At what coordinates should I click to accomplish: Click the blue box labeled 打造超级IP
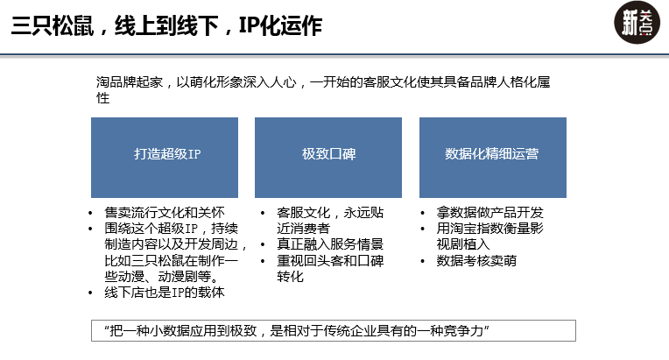pyautogui.click(x=165, y=158)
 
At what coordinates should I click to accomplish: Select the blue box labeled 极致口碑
pyautogui.click(x=328, y=158)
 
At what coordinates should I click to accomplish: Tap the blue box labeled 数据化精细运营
pyautogui.click(x=493, y=158)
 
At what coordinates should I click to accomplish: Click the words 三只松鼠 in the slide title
pyautogui.click(x=52, y=25)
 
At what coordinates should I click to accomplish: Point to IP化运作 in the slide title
pyautogui.click(x=280, y=25)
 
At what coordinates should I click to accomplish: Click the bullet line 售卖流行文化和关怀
pyautogui.click(x=165, y=213)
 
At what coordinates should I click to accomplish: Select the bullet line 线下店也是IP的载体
pyautogui.click(x=165, y=293)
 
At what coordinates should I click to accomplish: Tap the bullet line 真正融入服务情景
pyautogui.click(x=330, y=244)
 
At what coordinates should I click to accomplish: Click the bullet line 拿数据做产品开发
pyautogui.click(x=489, y=213)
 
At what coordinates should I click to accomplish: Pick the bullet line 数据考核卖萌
pyautogui.click(x=476, y=261)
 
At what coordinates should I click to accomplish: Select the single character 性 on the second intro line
pyautogui.click(x=102, y=98)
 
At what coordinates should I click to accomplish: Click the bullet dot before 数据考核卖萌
pyautogui.click(x=422, y=261)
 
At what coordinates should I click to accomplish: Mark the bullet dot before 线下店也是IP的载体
pyautogui.click(x=90, y=293)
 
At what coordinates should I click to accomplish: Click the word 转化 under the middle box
pyautogui.click(x=290, y=277)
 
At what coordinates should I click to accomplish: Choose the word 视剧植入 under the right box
pyautogui.click(x=463, y=244)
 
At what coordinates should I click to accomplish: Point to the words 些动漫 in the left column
pyautogui.click(x=124, y=277)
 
